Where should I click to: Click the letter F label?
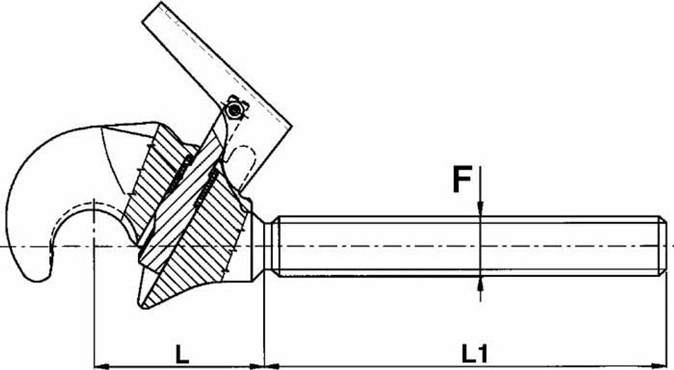pyautogui.click(x=462, y=181)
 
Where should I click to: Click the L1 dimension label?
pyautogui.click(x=475, y=354)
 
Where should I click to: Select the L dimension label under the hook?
pyautogui.click(x=182, y=354)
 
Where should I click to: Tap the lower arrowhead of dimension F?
pyautogui.click(x=480, y=284)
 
